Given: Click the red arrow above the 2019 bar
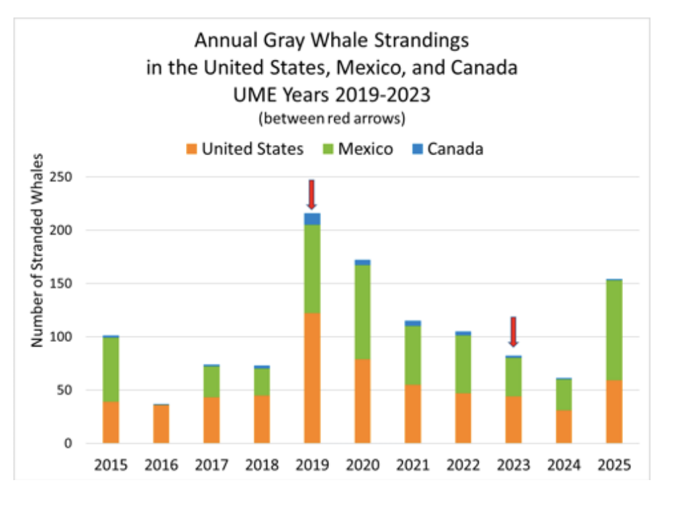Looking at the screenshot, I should [311, 194].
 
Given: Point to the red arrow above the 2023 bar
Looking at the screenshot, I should [514, 332].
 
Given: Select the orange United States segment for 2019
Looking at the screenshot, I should [311, 378].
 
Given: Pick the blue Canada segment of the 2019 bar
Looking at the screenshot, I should [311, 219].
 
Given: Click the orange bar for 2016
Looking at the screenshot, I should [161, 424].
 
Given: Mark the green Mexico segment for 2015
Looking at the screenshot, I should [111, 369].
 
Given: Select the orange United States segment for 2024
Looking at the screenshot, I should [564, 426].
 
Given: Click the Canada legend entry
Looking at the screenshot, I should [447, 149].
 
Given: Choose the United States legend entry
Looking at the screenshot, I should [245, 149].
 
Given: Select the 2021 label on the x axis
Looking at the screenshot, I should [413, 465].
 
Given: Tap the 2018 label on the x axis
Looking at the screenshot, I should [262, 465].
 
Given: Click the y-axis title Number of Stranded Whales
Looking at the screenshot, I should [38, 250].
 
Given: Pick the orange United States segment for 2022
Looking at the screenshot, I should [463, 418].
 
